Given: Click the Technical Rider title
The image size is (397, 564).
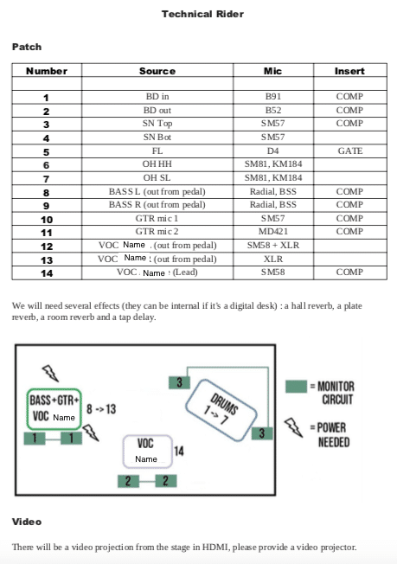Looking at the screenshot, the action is click(x=202, y=14).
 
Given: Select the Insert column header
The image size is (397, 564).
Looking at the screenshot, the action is click(x=349, y=71).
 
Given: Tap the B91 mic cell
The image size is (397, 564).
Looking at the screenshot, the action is click(x=273, y=96).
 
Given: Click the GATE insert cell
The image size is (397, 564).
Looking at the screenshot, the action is click(x=350, y=151).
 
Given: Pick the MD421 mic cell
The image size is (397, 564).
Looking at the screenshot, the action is click(x=273, y=231).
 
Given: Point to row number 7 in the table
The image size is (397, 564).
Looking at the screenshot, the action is click(x=47, y=179).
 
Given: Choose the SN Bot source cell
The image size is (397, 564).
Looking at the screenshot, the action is click(x=157, y=137).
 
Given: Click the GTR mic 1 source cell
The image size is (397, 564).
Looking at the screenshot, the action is click(x=157, y=218).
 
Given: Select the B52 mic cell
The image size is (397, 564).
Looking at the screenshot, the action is click(x=273, y=110).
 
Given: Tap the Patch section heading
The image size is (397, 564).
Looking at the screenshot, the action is click(x=27, y=47).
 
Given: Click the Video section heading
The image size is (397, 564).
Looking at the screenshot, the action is click(x=27, y=522).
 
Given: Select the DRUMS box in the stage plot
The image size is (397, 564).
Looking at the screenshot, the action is click(x=221, y=410).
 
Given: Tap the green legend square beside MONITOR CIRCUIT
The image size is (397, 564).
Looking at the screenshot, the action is click(x=297, y=387).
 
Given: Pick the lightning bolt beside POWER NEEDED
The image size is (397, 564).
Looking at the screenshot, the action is click(x=294, y=427).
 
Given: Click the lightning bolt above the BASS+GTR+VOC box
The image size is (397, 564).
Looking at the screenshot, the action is click(x=50, y=374).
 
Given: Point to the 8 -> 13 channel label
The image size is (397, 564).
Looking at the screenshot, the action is click(x=101, y=409).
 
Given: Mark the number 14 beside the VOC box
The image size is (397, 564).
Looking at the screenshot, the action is click(x=179, y=451).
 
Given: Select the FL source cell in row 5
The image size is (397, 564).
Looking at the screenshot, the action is click(x=157, y=151).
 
